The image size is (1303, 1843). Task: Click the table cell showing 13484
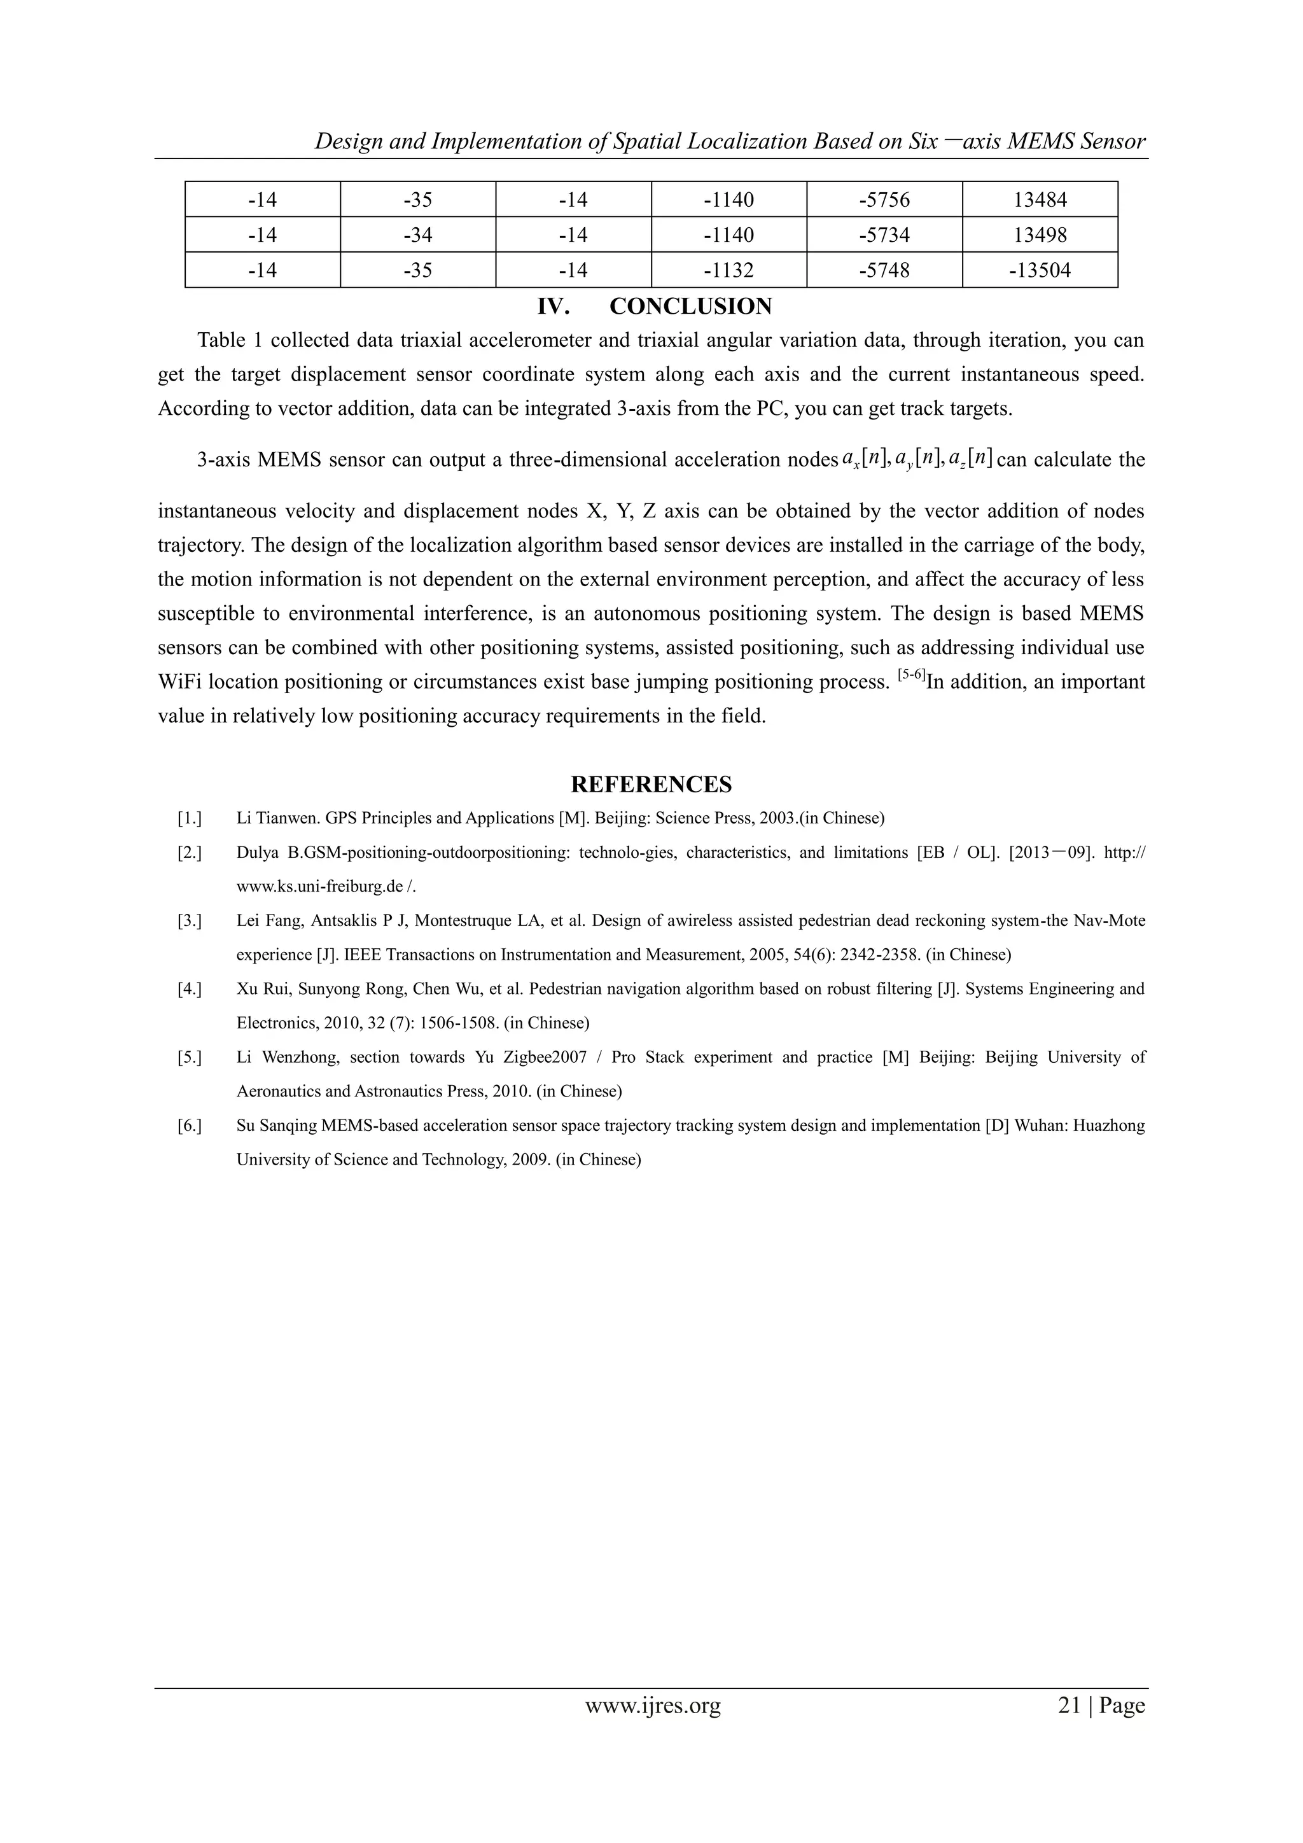pos(1040,199)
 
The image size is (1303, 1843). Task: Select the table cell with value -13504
pos(1040,270)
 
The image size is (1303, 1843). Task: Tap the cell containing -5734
pos(884,235)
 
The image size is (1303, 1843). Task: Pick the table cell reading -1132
pos(728,270)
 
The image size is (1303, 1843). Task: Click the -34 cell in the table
pos(418,235)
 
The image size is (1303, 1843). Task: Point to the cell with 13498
pos(1040,235)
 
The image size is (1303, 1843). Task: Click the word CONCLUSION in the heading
pos(690,307)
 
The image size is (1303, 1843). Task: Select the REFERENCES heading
pos(651,784)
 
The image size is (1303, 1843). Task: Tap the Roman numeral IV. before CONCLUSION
pos(553,307)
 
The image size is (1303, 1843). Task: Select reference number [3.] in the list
pos(190,921)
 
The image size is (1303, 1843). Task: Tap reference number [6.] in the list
pos(190,1125)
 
